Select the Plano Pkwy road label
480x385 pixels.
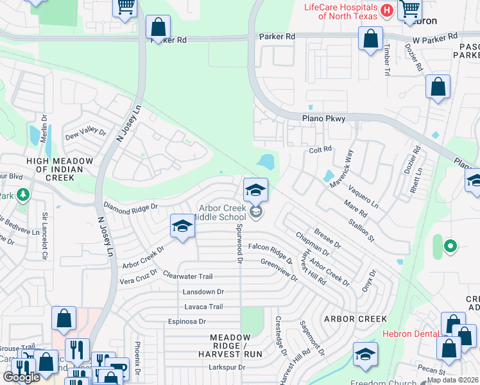[x=323, y=119]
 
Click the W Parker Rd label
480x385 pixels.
[x=433, y=40]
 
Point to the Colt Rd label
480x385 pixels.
[x=320, y=150]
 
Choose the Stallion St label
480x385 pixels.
[x=361, y=231]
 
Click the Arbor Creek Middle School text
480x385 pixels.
[x=223, y=212]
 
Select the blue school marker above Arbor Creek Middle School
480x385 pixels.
[x=255, y=190]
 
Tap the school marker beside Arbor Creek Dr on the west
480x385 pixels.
[x=182, y=227]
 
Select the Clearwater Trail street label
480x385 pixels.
[x=187, y=276]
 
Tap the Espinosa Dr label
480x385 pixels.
[x=187, y=321]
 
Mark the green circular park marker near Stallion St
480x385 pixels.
[x=450, y=245]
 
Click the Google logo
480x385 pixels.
[x=21, y=377]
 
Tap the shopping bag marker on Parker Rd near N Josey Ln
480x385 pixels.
[x=158, y=28]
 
